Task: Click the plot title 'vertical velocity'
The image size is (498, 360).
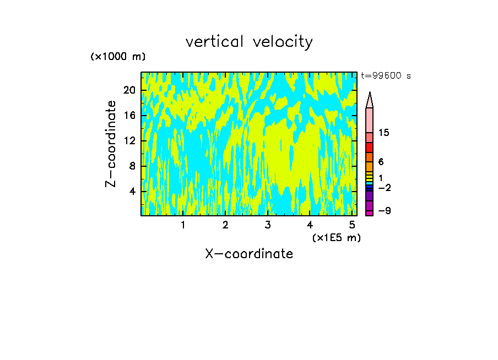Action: pyautogui.click(x=249, y=42)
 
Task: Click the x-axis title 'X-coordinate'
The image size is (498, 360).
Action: pyautogui.click(x=249, y=254)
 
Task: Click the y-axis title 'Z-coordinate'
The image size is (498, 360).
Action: pyautogui.click(x=111, y=144)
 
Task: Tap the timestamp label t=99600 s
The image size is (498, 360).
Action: pyautogui.click(x=386, y=76)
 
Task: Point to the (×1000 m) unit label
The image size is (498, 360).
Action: pyautogui.click(x=118, y=57)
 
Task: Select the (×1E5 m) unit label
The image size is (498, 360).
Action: pyautogui.click(x=336, y=237)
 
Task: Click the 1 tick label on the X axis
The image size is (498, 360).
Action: pyautogui.click(x=183, y=225)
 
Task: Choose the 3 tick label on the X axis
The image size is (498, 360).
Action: pyautogui.click(x=267, y=225)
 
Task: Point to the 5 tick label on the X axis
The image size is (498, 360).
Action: pyautogui.click(x=352, y=225)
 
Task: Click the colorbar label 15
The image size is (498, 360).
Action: pyautogui.click(x=384, y=133)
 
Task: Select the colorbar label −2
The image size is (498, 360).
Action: pyautogui.click(x=384, y=188)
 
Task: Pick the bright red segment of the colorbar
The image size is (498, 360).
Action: pyautogui.click(x=370, y=148)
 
